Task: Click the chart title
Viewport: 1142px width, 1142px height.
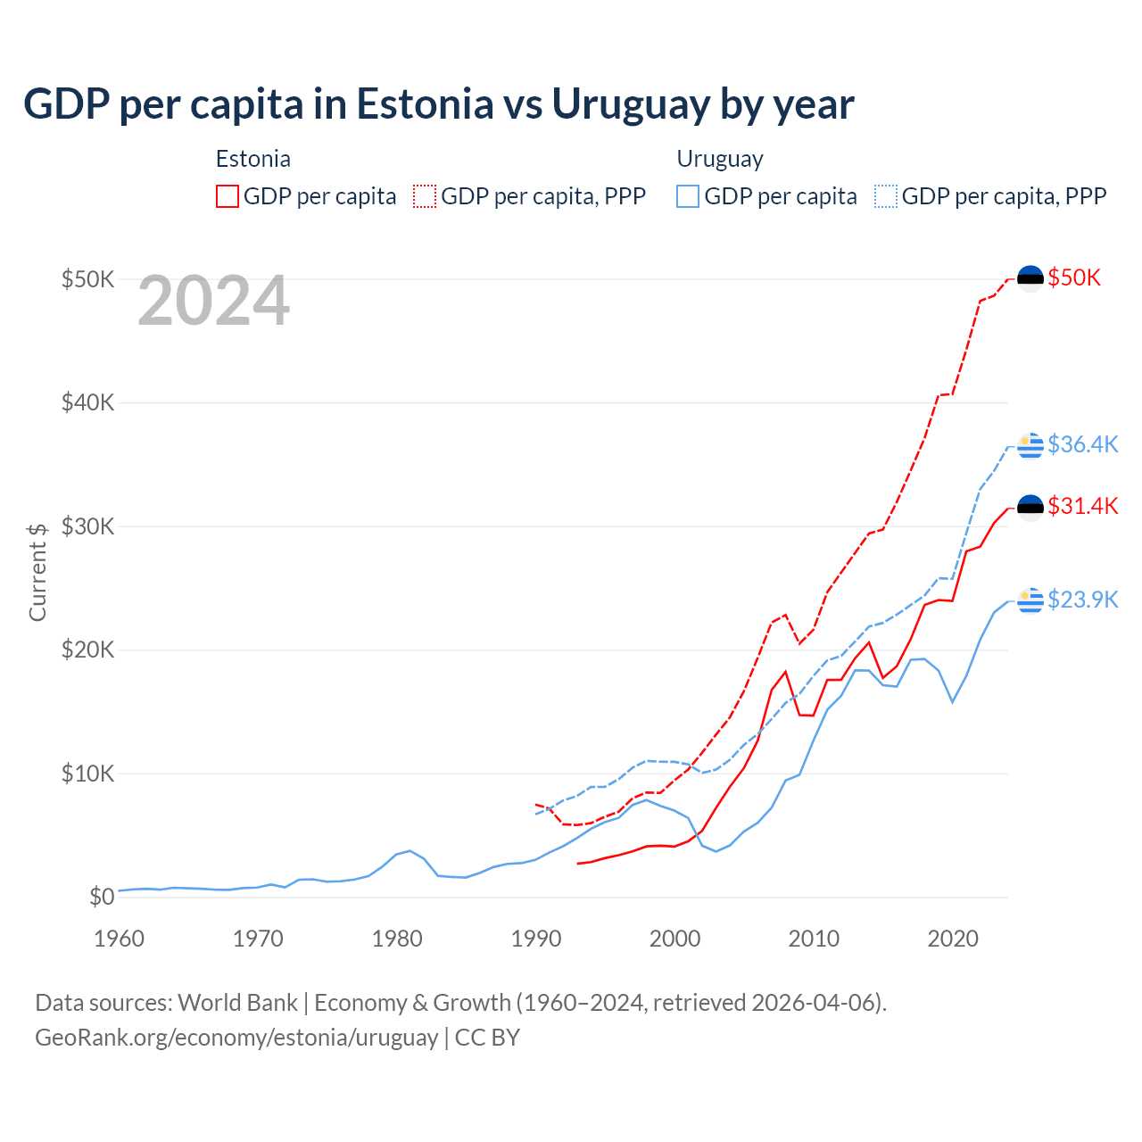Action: click(x=439, y=104)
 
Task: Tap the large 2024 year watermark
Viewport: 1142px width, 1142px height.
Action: click(x=214, y=301)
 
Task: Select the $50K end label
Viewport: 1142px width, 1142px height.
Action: click(x=1074, y=277)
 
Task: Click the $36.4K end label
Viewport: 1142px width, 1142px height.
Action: click(x=1082, y=444)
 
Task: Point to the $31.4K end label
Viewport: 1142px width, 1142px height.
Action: click(x=1082, y=506)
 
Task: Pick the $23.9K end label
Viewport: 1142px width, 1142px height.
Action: click(x=1082, y=600)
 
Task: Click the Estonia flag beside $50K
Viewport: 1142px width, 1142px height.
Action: click(x=1030, y=278)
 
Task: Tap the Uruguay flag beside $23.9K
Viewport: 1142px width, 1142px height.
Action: click(x=1030, y=600)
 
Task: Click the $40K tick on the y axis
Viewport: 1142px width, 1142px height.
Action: click(x=87, y=402)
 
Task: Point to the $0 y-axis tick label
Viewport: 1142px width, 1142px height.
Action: click(x=102, y=897)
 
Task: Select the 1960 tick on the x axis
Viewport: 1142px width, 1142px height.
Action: click(x=119, y=939)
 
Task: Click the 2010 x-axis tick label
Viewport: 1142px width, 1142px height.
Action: click(x=814, y=939)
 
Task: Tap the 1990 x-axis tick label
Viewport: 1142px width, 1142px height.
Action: click(x=536, y=939)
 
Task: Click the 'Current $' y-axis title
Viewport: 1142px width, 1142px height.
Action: click(x=37, y=572)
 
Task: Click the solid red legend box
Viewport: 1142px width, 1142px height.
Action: click(x=228, y=196)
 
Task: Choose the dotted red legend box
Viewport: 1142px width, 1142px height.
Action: click(x=425, y=196)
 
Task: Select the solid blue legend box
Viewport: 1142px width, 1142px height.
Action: click(x=688, y=196)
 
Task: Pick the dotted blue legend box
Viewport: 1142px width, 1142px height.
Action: click(x=886, y=196)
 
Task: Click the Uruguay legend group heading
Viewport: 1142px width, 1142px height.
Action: click(x=720, y=159)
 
